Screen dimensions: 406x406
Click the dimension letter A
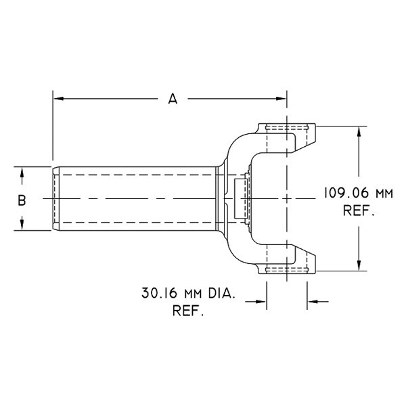173,99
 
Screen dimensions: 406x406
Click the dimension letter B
22,200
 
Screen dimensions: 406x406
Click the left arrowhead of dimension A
58,99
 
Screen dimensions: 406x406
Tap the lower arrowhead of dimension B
22,225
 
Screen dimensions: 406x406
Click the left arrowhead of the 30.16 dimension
262,302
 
